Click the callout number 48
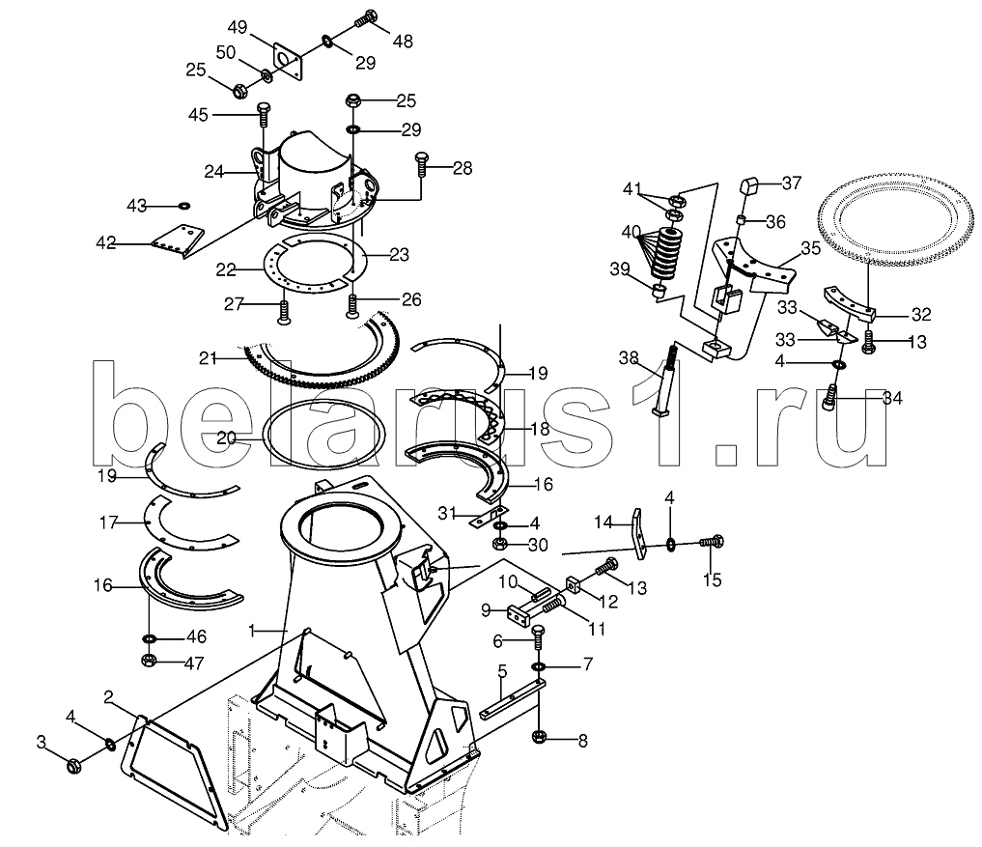tap(403, 42)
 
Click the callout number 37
tap(792, 183)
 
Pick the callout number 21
tap(208, 359)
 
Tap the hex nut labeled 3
tap(74, 766)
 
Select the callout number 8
tap(582, 741)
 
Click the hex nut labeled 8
tap(539, 737)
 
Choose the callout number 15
tap(712, 580)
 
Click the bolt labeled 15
tap(712, 541)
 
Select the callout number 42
tap(106, 243)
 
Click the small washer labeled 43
tap(184, 206)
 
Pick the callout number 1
tap(252, 631)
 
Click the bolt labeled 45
tap(264, 115)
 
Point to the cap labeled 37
tap(750, 186)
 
